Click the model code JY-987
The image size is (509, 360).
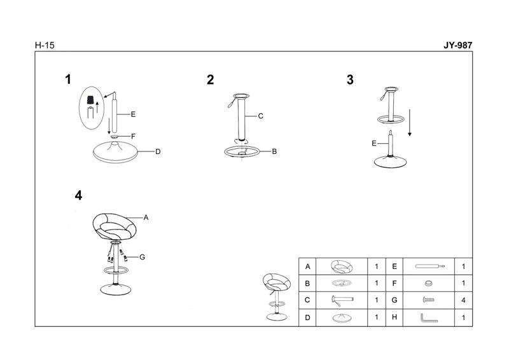(457, 45)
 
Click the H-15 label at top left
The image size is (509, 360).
(45, 45)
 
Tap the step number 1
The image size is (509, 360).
(68, 80)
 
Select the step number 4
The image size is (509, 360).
(78, 195)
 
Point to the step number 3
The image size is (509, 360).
(350, 80)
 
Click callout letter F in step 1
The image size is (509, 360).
(133, 136)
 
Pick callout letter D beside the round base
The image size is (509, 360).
(158, 151)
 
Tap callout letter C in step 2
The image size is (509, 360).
(260, 116)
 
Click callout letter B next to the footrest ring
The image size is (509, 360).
(274, 151)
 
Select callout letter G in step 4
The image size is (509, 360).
(142, 257)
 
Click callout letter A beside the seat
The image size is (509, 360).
(146, 218)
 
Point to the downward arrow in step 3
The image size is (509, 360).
(410, 123)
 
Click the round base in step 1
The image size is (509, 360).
(115, 152)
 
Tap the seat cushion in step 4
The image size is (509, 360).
(115, 226)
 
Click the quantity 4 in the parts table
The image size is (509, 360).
(463, 300)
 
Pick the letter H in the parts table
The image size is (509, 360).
(394, 317)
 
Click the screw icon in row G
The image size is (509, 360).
(428, 300)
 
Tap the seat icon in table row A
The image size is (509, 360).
(342, 267)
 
